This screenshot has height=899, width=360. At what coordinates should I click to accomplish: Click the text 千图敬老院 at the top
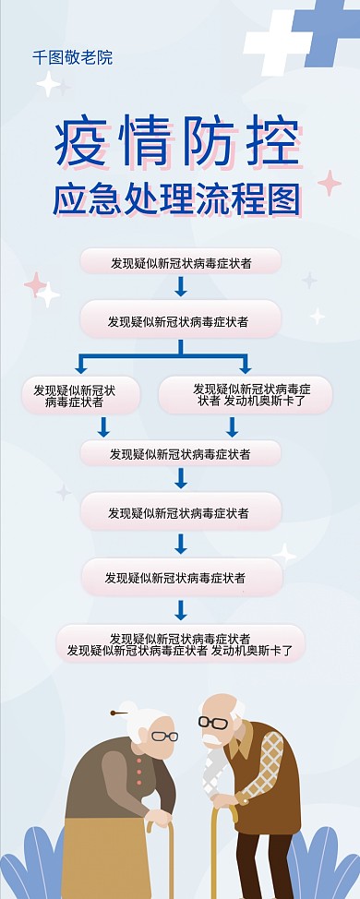coord(72,57)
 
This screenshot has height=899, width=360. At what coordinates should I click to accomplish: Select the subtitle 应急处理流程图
coord(177,199)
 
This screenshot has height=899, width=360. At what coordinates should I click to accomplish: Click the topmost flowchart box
coord(180,263)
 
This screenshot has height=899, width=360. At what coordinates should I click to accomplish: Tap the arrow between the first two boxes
coord(181,286)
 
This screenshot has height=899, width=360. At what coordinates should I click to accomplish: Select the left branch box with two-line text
coord(80,396)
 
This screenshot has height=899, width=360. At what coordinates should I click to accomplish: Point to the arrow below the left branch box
coord(103,426)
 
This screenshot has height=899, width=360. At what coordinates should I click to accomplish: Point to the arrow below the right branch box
coord(232,426)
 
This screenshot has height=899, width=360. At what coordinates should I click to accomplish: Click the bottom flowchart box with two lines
coord(180,644)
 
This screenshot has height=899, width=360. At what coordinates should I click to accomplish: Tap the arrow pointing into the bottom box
coord(181,610)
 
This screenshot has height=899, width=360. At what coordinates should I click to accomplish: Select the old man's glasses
coord(213,722)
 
